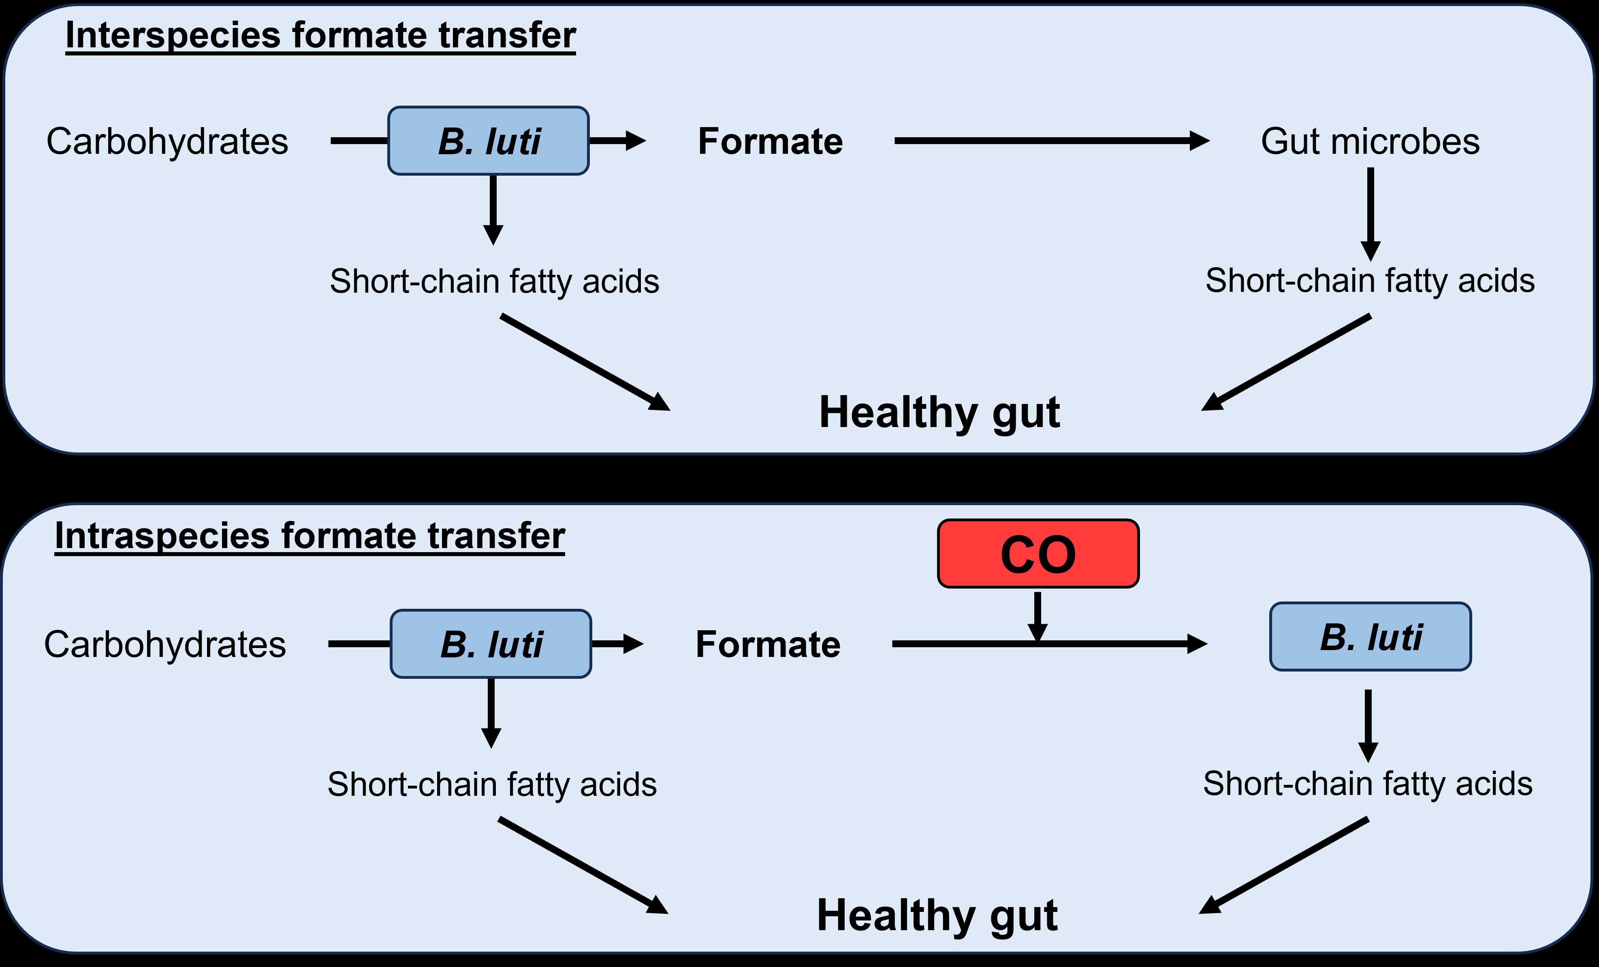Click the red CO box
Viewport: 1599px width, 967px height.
tap(1038, 554)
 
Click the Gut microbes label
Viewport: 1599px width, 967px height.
tap(1370, 141)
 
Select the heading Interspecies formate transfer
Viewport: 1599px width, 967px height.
tap(320, 36)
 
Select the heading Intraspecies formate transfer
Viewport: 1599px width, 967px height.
tap(310, 536)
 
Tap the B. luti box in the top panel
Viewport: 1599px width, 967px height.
tap(489, 141)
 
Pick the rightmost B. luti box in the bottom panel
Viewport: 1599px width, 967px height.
tap(1370, 637)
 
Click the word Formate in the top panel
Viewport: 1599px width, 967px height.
tap(770, 141)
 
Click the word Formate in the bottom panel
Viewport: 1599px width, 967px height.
tap(768, 645)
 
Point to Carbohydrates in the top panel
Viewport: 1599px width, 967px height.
tap(167, 141)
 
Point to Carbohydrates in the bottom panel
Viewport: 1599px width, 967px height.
tap(165, 645)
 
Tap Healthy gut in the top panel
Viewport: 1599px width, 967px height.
tap(939, 412)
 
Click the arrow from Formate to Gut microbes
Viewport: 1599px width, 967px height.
tap(1051, 141)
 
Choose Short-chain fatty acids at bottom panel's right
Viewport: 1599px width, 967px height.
tap(1367, 784)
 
